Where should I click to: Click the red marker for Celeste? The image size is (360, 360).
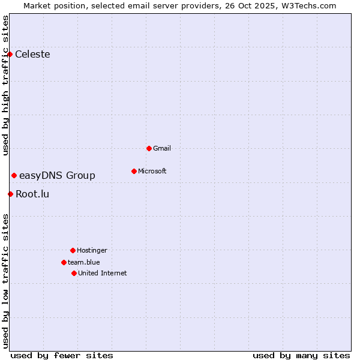[x=10, y=55]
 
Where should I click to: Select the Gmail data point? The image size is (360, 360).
[x=149, y=148]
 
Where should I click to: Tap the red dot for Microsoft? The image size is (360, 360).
[x=134, y=171]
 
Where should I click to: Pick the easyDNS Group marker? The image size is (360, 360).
[x=14, y=175]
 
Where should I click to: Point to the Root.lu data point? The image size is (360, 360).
[x=10, y=194]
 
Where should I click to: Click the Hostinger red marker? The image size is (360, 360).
[x=73, y=250]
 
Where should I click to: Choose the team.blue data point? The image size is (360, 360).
[x=64, y=262]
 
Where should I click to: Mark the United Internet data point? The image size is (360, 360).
[x=74, y=273]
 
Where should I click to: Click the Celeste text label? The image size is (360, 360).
[x=32, y=55]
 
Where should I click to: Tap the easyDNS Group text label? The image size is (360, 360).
[x=57, y=175]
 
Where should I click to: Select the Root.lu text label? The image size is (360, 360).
[x=32, y=194]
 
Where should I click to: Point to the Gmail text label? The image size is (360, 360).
[x=162, y=148]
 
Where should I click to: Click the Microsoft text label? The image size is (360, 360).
[x=152, y=171]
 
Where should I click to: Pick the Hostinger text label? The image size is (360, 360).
[x=92, y=250]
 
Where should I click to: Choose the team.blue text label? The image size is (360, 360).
[x=84, y=262]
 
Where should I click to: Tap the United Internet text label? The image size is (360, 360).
[x=103, y=273]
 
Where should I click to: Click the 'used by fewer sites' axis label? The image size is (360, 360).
[x=62, y=355]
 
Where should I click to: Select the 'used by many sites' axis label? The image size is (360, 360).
[x=301, y=355]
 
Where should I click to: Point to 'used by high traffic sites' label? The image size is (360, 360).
[x=6, y=85]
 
